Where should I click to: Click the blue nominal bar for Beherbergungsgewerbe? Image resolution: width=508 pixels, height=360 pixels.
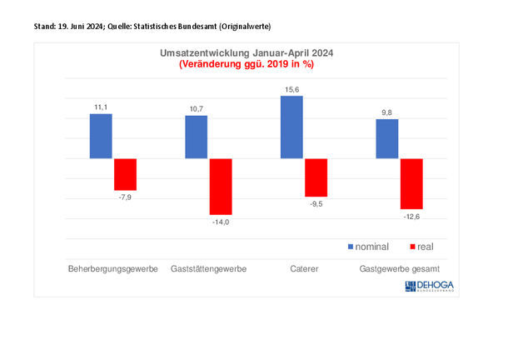[x=101, y=136]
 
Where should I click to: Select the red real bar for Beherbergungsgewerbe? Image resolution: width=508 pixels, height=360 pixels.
[x=125, y=174]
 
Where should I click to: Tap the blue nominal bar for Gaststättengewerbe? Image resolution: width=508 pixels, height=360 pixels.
[x=197, y=137]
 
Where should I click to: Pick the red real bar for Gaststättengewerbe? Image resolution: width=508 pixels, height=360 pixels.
[x=221, y=187]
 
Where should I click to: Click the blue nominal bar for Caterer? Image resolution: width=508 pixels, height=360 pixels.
[x=291, y=127]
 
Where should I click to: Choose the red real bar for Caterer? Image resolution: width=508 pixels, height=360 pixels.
[x=316, y=177]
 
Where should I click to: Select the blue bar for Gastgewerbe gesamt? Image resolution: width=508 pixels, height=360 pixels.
[x=387, y=138]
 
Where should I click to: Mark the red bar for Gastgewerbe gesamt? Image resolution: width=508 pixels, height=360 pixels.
[x=411, y=183]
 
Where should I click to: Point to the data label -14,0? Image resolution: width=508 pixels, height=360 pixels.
[x=221, y=222]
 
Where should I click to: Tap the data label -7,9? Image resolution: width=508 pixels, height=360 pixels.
[x=125, y=197]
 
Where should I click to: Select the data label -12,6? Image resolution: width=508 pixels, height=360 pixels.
[x=411, y=216]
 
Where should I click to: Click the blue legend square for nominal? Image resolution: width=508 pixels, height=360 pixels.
[x=351, y=247]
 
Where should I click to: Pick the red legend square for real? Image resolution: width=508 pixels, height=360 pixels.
[x=414, y=247]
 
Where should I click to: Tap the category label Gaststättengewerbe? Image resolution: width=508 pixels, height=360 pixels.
[x=208, y=269]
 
